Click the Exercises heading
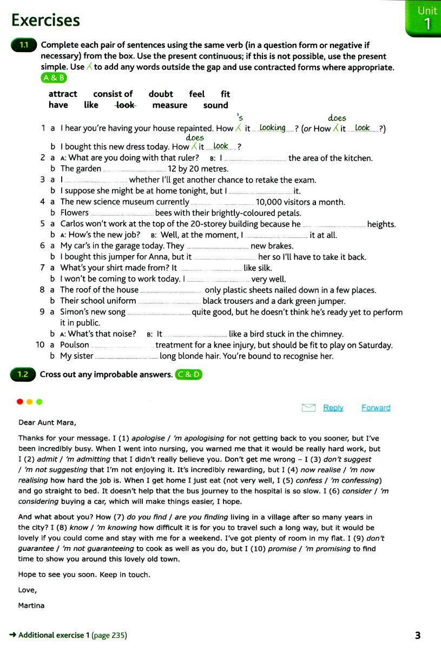45,20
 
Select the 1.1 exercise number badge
23,45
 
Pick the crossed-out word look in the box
126,105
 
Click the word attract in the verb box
63,94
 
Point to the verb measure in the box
169,105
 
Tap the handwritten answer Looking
272,128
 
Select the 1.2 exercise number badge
22,374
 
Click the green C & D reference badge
188,374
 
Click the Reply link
333,408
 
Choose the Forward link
376,408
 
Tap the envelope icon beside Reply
308,408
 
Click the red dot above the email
20,402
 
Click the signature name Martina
31,606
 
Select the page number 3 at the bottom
418,635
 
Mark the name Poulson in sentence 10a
75,345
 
